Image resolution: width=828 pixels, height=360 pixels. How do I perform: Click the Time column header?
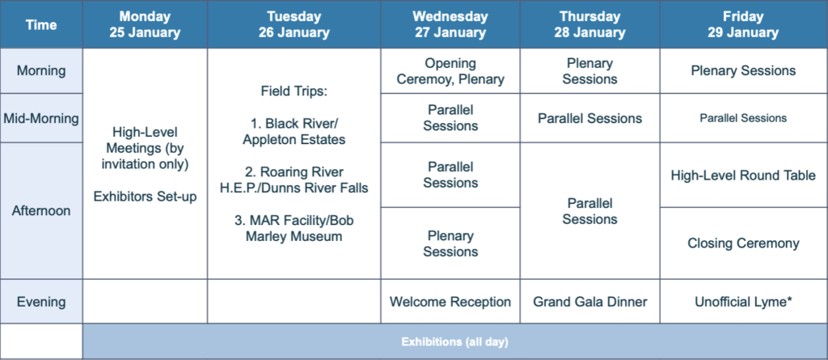41,24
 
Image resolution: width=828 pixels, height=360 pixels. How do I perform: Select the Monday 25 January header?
146,24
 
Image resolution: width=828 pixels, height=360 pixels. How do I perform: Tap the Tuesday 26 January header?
294,24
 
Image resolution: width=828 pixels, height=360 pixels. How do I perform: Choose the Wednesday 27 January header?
450,24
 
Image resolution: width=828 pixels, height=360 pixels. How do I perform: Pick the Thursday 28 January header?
589,24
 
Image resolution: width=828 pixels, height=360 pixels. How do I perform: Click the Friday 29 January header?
744,24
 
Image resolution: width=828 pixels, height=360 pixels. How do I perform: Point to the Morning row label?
41,71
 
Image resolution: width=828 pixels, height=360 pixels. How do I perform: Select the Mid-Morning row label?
41,118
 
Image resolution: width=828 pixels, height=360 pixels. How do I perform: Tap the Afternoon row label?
41,210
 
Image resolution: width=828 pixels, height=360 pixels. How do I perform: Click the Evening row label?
41,301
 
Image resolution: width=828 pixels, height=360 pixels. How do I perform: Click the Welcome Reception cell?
450,301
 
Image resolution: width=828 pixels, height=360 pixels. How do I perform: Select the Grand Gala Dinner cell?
589,301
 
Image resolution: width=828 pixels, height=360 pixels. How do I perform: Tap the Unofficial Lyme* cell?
744,301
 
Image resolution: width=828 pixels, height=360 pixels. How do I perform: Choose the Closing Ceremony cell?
744,244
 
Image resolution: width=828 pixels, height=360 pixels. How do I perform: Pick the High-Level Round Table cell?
744,175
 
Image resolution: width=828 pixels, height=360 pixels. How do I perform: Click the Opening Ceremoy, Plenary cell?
450,71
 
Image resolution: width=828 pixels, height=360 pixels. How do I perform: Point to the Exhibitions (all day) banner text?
454,342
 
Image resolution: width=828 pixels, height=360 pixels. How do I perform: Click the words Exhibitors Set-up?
146,197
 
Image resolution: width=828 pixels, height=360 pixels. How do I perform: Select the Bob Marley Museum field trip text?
294,228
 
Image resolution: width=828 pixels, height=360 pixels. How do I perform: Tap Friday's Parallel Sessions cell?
744,118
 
